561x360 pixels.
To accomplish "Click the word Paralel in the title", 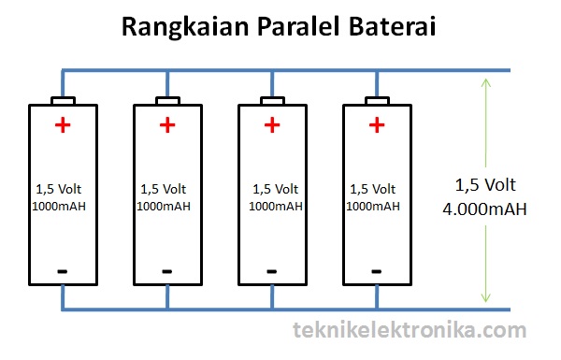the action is click(x=297, y=26).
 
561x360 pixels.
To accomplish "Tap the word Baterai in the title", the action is click(x=393, y=26).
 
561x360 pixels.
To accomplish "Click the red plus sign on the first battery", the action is click(x=63, y=125).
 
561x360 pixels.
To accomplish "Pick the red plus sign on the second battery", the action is click(x=167, y=125).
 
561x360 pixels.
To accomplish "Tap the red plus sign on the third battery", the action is click(x=272, y=125).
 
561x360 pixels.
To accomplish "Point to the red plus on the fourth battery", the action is click(x=377, y=125).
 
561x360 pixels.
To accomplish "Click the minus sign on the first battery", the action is click(x=63, y=271).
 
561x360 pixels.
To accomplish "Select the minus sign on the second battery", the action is click(x=167, y=271).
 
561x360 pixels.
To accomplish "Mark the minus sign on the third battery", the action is click(x=271, y=271).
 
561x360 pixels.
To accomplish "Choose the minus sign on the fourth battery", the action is click(x=377, y=271).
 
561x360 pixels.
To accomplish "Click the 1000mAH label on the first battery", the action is click(x=59, y=206).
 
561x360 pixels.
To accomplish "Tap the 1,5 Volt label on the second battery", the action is click(x=163, y=189).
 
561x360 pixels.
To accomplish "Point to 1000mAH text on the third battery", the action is click(x=276, y=206).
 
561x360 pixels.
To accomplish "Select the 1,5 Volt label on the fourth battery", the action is click(x=373, y=189).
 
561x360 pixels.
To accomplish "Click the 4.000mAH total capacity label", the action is click(x=484, y=209).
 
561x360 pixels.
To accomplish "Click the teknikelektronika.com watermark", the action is click(x=410, y=329).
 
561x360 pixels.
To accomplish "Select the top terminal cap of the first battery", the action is click(x=63, y=101).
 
